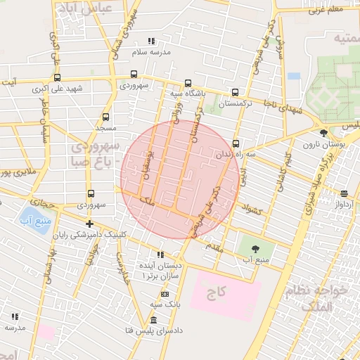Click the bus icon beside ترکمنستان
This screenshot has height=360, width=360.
point(235,91)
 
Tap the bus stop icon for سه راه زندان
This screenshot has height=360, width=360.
point(236,142)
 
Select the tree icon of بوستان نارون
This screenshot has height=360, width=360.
point(323,132)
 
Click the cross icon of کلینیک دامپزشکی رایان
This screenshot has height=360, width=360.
point(89,224)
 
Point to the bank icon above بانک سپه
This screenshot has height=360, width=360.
point(165,294)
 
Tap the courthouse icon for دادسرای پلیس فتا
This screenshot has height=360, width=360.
point(153,321)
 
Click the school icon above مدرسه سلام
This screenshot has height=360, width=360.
point(150,41)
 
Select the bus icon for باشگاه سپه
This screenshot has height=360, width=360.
point(187,82)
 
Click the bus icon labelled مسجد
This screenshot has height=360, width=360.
point(105,117)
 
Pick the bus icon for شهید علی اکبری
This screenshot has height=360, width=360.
point(57,78)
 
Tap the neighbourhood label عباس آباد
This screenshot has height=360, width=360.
point(88,10)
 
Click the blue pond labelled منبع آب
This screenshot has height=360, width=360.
point(30,217)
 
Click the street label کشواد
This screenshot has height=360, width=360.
point(251,208)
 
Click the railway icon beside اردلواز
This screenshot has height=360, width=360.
point(344,193)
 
